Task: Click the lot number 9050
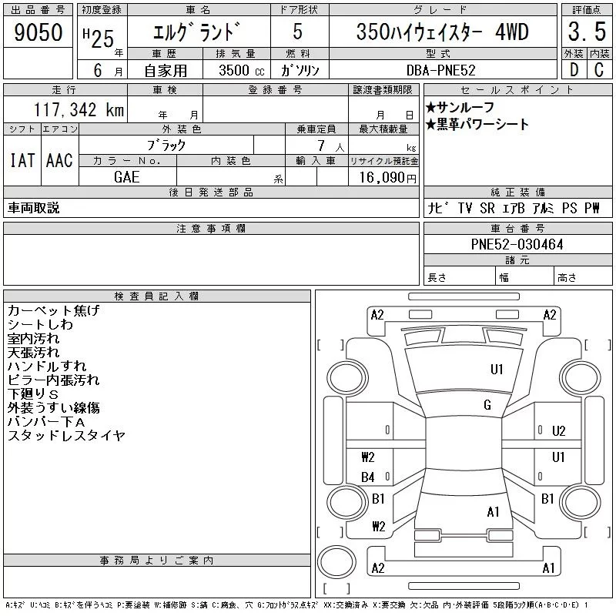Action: pos(38,32)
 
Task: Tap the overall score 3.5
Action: pos(587,32)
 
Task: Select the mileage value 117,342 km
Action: pos(79,109)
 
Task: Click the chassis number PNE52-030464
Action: pos(517,244)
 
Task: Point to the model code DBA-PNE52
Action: pos(440,70)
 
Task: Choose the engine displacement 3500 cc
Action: pos(242,70)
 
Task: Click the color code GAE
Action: pos(126,177)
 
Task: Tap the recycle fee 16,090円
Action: pos(387,178)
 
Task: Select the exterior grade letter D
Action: pos(574,70)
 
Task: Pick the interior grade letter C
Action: pos(599,70)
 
